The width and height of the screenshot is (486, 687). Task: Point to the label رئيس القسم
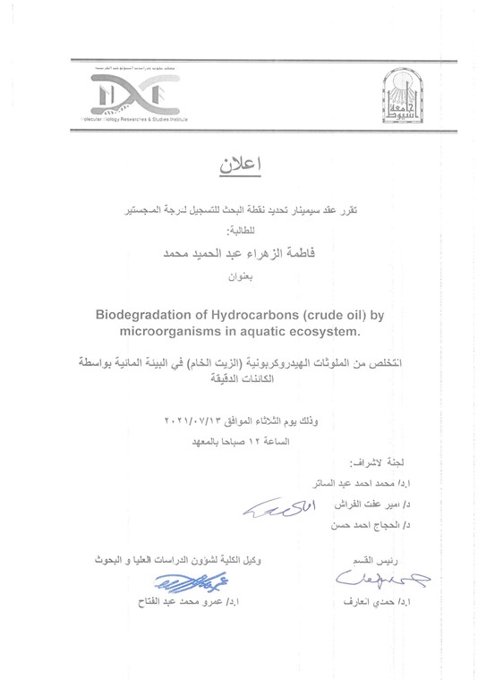(x=372, y=561)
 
